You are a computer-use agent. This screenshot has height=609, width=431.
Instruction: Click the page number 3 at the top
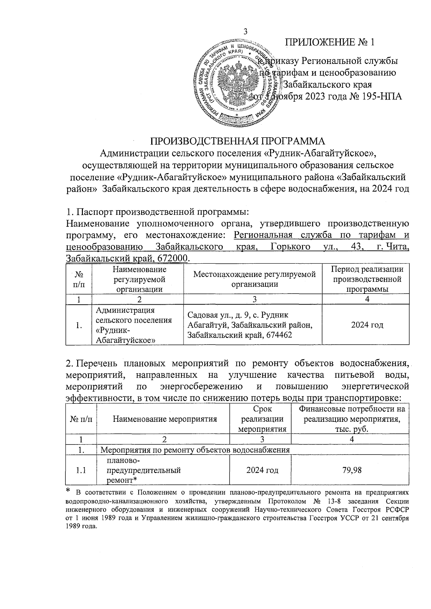pyautogui.click(x=246, y=31)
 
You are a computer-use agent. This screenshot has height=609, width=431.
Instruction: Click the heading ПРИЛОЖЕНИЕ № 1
pyautogui.click(x=330, y=42)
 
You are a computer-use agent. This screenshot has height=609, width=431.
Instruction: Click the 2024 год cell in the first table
pyautogui.click(x=367, y=325)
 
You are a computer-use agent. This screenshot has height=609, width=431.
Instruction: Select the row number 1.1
pyautogui.click(x=81, y=470)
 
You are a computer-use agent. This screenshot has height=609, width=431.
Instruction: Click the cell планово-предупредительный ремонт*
pyautogui.click(x=144, y=470)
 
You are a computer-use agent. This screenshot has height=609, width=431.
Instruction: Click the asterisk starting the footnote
pyautogui.click(x=68, y=491)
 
